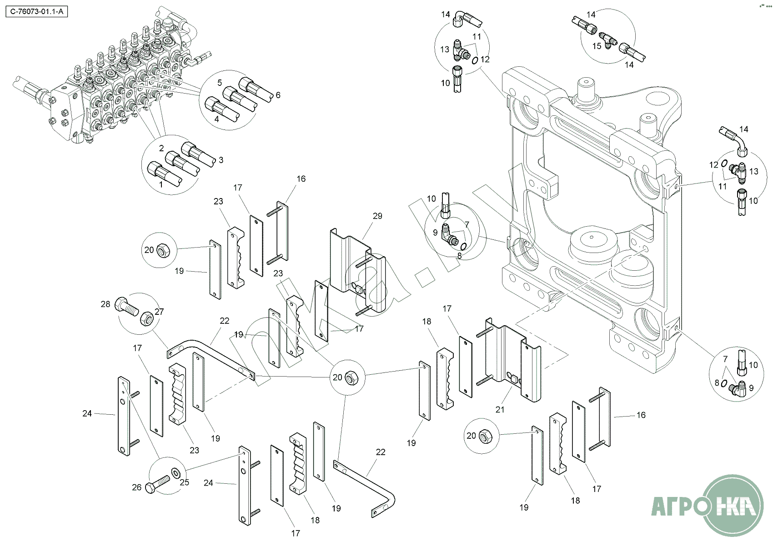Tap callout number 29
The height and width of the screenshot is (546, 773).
point(377,216)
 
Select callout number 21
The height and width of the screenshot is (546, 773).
point(500,410)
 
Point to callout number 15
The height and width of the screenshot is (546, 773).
point(597,46)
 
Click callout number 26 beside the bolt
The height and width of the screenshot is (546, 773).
point(137,487)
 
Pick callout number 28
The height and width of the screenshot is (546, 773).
point(105,304)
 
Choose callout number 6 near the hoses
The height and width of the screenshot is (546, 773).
point(278,95)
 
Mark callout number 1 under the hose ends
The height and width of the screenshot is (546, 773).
point(161,185)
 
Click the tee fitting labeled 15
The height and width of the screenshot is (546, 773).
point(608,40)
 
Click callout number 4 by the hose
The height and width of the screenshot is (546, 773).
point(217,119)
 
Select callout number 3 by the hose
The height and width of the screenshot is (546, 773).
point(221,160)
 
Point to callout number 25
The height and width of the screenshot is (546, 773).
point(184,482)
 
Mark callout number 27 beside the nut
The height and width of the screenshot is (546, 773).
point(159,312)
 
